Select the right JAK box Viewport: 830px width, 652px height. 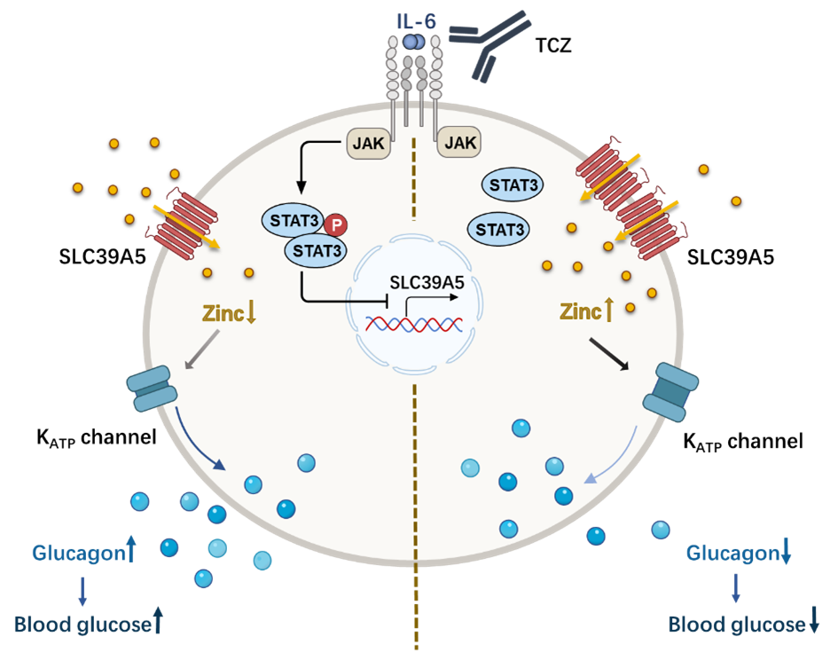(458, 141)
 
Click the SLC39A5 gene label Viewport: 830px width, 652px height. (427, 284)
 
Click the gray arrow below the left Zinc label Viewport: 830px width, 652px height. (200, 349)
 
